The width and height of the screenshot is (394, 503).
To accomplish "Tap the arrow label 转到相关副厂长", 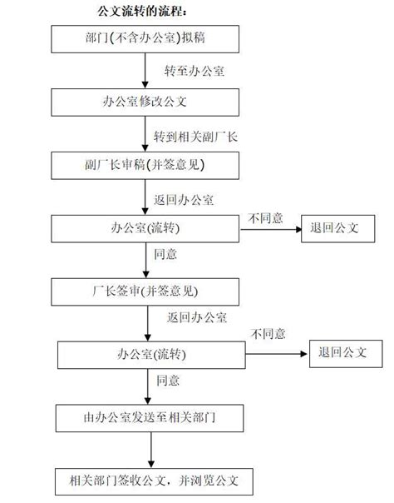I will pyautogui.click(x=196, y=134).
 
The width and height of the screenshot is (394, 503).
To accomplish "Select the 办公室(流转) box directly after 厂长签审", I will pyautogui.click(x=152, y=353).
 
